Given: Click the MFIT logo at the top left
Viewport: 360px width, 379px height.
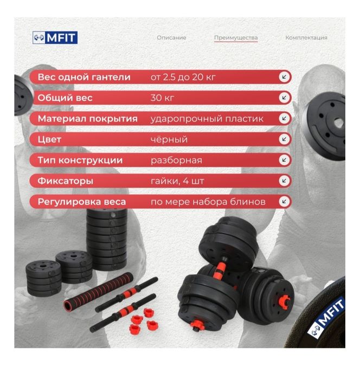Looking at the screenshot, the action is click(x=55, y=38).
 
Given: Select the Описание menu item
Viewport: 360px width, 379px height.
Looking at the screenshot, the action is click(x=171, y=38).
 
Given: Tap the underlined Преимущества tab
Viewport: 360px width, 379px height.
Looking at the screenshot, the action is click(x=236, y=38).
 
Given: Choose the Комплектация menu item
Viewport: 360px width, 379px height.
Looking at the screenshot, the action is click(x=306, y=38).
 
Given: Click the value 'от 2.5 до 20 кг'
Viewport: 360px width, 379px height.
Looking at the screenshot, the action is click(x=183, y=77).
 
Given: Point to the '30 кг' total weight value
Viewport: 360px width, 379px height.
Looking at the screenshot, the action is click(x=162, y=98).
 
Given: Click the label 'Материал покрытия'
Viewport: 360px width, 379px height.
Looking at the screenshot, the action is click(x=87, y=119).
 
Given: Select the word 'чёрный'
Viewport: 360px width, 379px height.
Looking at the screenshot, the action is click(x=169, y=139).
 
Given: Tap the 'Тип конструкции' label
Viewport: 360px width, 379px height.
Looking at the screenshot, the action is click(x=80, y=160).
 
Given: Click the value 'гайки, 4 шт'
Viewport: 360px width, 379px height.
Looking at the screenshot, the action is click(x=177, y=181).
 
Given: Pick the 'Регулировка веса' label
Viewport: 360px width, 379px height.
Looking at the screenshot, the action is click(x=82, y=202).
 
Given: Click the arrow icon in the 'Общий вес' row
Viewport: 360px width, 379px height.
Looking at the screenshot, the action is click(x=284, y=98).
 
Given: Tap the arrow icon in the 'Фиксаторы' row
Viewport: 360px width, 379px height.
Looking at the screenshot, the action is click(x=284, y=181).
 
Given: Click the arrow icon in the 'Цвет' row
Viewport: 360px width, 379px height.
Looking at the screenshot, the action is click(x=284, y=139).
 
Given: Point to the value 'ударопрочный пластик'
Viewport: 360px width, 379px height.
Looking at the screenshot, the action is click(x=207, y=119).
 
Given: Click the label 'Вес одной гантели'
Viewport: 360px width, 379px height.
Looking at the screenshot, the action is click(x=84, y=77).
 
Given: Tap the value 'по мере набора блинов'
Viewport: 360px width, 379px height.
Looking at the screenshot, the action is click(x=208, y=202).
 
